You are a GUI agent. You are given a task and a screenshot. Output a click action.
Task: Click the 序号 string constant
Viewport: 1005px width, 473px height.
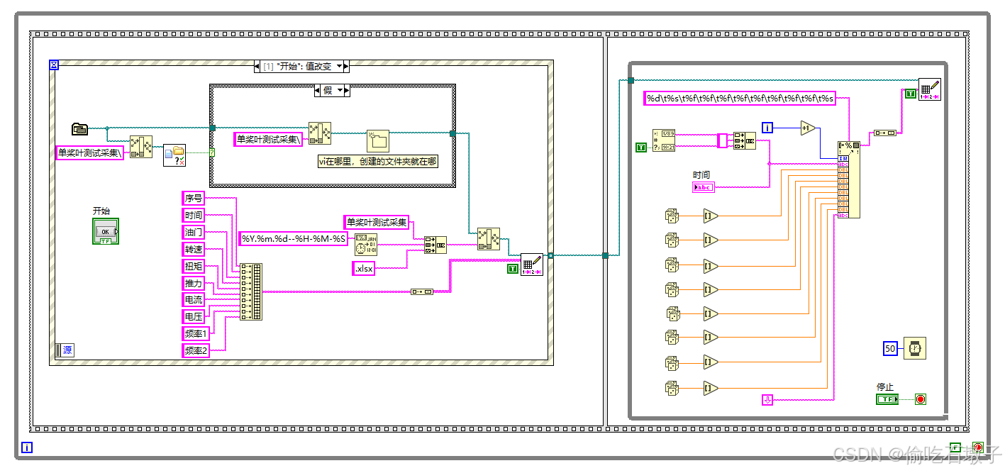click(194, 198)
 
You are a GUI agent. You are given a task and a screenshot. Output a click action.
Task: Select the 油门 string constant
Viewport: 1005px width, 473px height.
click(194, 232)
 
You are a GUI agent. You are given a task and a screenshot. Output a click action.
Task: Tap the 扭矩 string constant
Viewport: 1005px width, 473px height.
click(194, 266)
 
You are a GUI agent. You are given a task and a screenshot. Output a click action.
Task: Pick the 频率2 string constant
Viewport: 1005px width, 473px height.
click(196, 350)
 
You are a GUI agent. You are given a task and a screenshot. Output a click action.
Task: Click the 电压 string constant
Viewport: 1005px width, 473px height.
click(194, 316)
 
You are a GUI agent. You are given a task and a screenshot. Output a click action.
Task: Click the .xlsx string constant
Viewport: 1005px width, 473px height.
click(364, 269)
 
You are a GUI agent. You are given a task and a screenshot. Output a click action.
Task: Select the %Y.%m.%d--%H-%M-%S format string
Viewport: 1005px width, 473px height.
click(294, 239)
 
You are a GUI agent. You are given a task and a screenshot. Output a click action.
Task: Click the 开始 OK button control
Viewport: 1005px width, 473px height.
click(105, 232)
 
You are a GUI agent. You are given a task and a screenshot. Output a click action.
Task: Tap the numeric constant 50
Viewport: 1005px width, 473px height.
click(891, 348)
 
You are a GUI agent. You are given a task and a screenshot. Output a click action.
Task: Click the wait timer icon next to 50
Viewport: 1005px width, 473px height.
click(914, 348)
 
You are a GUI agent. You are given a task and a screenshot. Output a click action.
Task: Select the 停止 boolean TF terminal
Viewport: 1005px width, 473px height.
click(887, 399)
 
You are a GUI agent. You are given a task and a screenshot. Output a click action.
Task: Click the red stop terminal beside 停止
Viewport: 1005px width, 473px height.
click(921, 399)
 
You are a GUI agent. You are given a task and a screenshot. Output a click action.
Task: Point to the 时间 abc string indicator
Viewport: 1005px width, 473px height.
click(703, 187)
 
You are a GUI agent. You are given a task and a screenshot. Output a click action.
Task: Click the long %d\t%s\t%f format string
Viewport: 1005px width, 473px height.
click(740, 99)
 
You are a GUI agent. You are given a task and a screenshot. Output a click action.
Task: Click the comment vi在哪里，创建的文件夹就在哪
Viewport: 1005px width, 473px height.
click(377, 161)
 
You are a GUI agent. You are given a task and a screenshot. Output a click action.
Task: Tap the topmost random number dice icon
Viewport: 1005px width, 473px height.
click(672, 216)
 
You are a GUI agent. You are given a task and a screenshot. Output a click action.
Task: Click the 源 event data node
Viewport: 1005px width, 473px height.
click(64, 350)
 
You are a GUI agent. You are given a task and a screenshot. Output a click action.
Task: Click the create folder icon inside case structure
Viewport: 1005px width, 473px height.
click(378, 140)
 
